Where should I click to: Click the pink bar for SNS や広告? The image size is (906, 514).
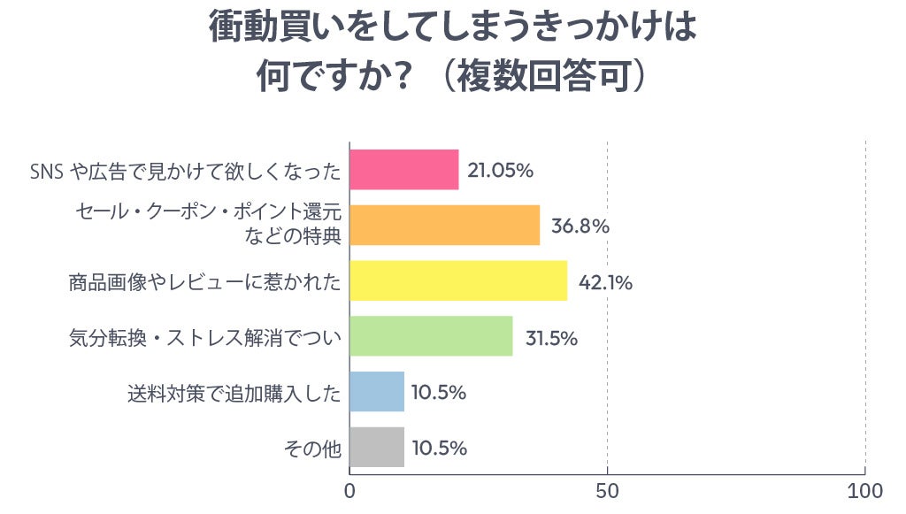[404, 170]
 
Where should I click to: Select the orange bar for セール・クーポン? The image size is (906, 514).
[444, 226]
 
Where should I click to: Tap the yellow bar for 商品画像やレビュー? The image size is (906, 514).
[458, 281]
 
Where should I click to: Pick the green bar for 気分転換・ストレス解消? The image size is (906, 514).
[431, 336]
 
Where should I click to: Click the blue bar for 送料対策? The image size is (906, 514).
[377, 392]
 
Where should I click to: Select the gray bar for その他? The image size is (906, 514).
[377, 448]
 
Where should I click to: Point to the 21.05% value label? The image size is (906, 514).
[500, 170]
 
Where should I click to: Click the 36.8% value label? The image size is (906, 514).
[580, 226]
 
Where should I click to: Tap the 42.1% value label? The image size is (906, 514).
[605, 282]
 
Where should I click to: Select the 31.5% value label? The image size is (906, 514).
[551, 337]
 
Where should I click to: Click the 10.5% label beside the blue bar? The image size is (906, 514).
[440, 392]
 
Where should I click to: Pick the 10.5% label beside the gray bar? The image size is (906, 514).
[440, 448]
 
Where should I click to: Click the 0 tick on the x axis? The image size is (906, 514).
[350, 491]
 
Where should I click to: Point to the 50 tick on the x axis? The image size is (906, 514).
[607, 491]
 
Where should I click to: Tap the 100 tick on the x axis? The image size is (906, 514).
[864, 491]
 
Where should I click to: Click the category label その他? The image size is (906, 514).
[311, 449]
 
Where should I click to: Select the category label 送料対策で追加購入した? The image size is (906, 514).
[234, 393]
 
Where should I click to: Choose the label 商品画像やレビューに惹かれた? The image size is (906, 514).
[204, 282]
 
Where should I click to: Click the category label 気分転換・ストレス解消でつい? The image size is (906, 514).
[204, 337]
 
